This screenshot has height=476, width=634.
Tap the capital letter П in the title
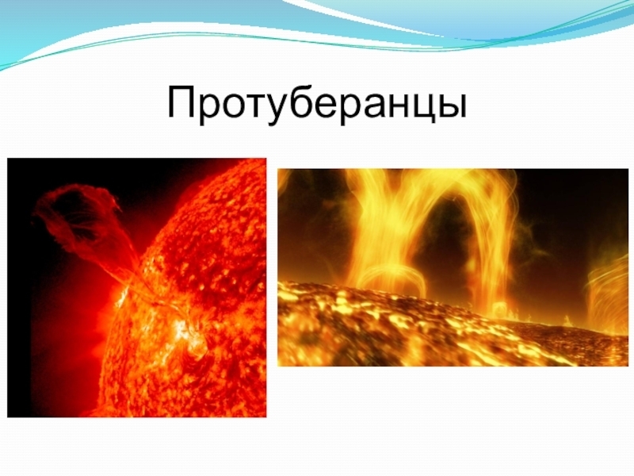181,103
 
